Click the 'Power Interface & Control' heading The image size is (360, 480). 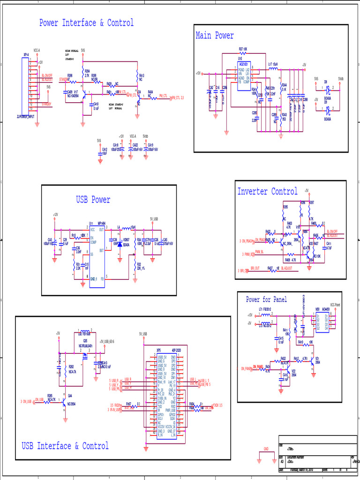tap(86, 23)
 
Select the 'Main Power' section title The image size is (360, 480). tap(214, 36)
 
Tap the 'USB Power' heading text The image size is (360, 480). tap(93, 200)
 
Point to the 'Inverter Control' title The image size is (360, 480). tap(267, 191)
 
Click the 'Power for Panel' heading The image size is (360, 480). tap(266, 300)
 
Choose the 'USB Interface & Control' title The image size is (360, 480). tap(65, 446)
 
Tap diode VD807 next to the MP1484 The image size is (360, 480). tap(120, 244)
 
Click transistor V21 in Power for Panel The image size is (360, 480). tap(312, 364)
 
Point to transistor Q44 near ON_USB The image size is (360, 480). tap(64, 401)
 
